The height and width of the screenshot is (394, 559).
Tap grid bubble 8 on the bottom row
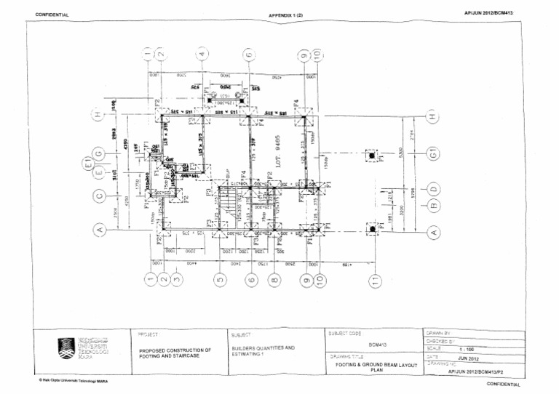[273, 279]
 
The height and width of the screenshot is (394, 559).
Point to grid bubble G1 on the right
[434, 154]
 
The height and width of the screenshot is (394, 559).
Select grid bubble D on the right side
[435, 190]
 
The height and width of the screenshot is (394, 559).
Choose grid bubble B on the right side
[435, 206]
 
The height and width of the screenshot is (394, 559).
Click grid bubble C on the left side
[100, 195]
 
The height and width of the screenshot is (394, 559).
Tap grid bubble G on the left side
[100, 154]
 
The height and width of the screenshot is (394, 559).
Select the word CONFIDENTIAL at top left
[52, 14]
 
